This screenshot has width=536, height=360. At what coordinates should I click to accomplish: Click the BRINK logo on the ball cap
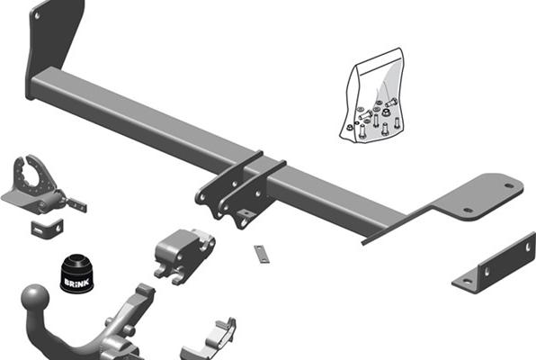(77, 283)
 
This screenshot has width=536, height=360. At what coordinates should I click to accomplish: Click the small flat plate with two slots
(262, 255)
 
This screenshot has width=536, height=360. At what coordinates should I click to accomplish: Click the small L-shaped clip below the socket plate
(47, 229)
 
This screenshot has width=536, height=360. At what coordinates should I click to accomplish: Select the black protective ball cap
(77, 274)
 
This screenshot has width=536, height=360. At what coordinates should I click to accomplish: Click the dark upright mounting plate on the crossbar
(53, 38)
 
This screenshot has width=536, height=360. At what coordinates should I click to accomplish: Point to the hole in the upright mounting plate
(37, 15)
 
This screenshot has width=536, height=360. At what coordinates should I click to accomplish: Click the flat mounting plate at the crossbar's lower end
(478, 199)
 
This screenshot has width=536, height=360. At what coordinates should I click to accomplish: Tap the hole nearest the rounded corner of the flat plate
(509, 185)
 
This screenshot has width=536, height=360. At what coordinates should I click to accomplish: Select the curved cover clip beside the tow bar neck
(210, 338)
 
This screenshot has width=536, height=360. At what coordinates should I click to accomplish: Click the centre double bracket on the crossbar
(239, 190)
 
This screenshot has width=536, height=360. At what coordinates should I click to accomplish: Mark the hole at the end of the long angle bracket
(529, 247)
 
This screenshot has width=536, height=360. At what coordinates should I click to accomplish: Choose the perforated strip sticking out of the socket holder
(76, 204)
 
